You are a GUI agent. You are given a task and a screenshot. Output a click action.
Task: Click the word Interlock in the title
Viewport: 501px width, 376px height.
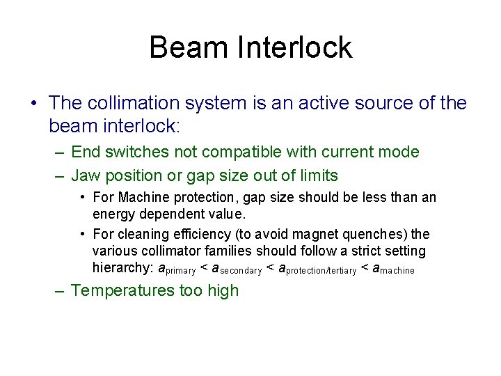(296, 47)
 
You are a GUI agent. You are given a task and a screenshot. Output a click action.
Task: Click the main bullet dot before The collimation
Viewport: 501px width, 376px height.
(33, 104)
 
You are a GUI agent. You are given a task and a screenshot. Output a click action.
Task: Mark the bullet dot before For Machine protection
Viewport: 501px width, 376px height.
(82, 198)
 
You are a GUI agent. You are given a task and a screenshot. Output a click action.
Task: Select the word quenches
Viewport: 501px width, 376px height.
(377, 234)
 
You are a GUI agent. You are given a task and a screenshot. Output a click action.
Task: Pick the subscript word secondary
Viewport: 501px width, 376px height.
(240, 270)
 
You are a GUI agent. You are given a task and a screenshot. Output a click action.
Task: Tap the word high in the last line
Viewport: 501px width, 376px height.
(223, 290)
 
